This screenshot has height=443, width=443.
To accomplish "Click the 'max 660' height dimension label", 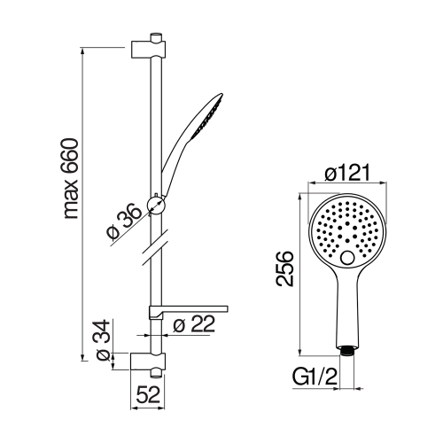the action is (x=72, y=179).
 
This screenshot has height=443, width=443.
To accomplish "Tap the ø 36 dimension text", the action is (x=123, y=221).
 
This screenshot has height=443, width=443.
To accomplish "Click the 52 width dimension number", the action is (x=149, y=394).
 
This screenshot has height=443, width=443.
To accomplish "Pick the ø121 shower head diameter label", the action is (x=347, y=173).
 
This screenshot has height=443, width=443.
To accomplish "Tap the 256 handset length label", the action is (x=284, y=268).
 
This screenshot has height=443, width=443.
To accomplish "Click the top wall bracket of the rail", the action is (x=148, y=50).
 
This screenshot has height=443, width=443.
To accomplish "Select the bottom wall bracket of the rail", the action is (x=148, y=361).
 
